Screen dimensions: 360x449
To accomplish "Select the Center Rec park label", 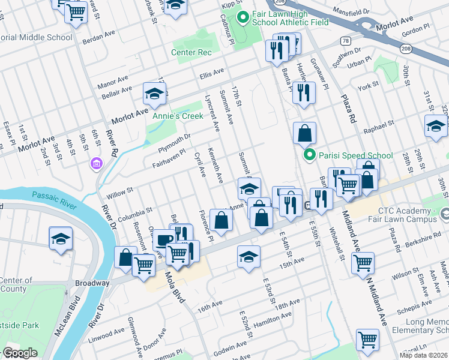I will [x=191, y=52].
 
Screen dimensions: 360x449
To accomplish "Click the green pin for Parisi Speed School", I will [x=310, y=155].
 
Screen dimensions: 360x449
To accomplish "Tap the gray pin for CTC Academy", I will [x=444, y=213].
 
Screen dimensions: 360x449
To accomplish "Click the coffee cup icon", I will [x=164, y=240].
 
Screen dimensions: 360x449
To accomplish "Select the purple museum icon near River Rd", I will [x=95, y=163].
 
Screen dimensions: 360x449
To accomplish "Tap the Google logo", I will [x=20, y=353].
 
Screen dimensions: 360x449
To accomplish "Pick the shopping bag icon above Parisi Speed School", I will [x=305, y=133].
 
